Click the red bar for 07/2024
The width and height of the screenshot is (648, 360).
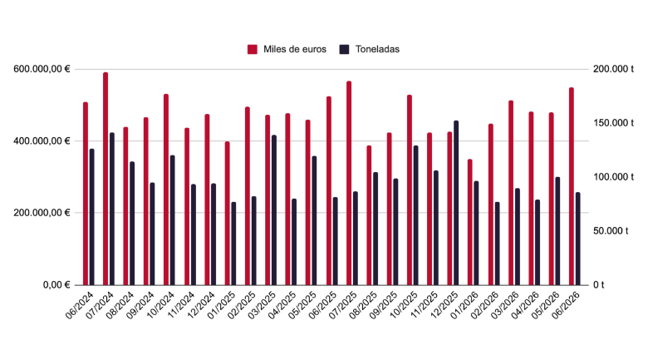click(106, 179)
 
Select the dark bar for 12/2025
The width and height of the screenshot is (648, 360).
click(456, 203)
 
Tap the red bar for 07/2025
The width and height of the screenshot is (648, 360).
click(349, 183)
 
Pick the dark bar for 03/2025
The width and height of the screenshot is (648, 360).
click(274, 210)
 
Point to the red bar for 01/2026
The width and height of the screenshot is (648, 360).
click(470, 222)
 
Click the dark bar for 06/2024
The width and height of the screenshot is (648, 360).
click(91, 217)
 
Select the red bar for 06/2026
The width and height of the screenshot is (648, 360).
click(572, 186)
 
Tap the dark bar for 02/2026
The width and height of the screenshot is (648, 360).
click(497, 244)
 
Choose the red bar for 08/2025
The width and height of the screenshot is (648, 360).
click(369, 215)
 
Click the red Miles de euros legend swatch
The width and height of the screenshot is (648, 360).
click(253, 49)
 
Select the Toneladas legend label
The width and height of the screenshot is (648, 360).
click(377, 49)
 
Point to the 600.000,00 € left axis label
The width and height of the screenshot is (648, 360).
click(42, 69)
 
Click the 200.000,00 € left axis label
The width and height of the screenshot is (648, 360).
click(42, 213)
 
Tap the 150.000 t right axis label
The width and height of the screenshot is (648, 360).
click(613, 123)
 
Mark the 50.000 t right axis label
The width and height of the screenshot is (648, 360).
click(611, 231)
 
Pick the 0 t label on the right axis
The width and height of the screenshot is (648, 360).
click(599, 285)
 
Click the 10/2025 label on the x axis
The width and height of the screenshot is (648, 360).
click(405, 304)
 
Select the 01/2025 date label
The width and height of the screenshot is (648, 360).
click(222, 304)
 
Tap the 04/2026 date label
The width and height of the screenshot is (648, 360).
click(526, 304)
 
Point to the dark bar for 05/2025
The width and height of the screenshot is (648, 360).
click(314, 220)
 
